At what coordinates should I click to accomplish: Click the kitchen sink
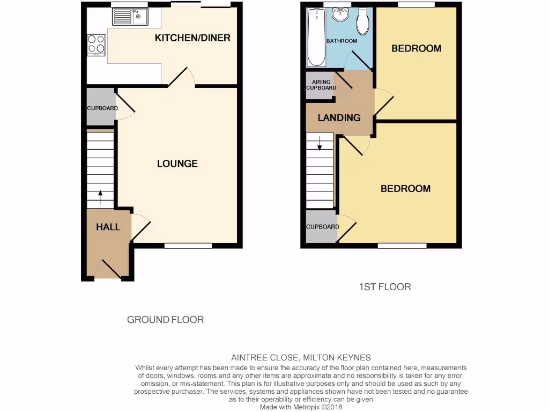(x=130, y=17)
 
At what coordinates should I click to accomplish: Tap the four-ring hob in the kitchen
(x=97, y=45)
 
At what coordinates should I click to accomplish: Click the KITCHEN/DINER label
(x=192, y=38)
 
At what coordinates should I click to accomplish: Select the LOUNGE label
(x=177, y=164)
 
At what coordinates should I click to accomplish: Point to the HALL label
(x=108, y=227)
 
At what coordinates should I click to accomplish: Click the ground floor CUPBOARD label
(x=102, y=108)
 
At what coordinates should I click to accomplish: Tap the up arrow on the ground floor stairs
(x=100, y=196)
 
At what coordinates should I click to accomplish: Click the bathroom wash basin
(x=340, y=14)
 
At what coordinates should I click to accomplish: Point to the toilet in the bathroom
(x=363, y=20)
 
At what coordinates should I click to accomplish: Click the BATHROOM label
(x=342, y=41)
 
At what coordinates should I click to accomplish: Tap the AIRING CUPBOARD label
(x=321, y=85)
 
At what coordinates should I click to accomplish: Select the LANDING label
(x=339, y=118)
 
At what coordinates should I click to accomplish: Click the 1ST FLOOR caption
(x=385, y=287)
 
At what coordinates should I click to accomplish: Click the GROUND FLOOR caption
(x=165, y=320)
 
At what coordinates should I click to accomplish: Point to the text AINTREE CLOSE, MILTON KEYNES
(x=301, y=358)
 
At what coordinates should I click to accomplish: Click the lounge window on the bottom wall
(x=188, y=246)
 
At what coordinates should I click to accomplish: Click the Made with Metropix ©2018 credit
(x=301, y=407)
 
